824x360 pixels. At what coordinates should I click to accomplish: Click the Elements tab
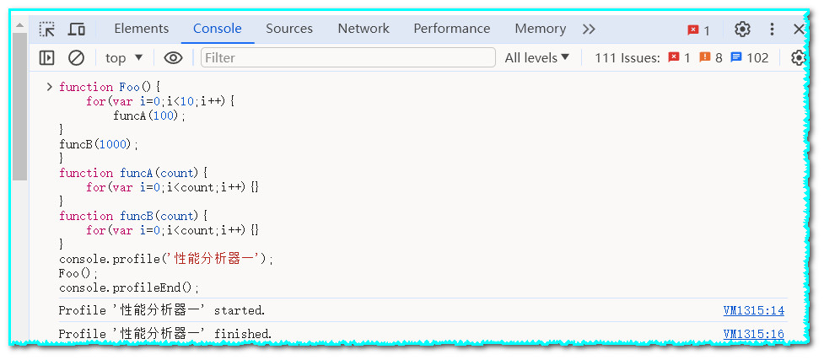click(141, 29)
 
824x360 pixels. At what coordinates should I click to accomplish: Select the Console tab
click(217, 29)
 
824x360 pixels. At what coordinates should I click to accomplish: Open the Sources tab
click(289, 29)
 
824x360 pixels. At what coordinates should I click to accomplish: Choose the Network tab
click(364, 29)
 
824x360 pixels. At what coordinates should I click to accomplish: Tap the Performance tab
click(451, 29)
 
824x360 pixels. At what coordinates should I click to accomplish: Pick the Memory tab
click(540, 29)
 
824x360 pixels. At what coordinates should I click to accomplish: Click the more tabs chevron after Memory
click(589, 29)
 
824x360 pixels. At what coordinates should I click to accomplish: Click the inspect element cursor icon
click(47, 30)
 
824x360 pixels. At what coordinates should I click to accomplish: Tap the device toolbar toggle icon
click(76, 30)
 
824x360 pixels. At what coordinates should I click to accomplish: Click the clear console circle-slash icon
click(76, 57)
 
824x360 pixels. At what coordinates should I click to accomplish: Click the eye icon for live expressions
click(173, 57)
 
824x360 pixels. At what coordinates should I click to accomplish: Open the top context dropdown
click(124, 57)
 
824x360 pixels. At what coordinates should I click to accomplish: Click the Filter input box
click(347, 57)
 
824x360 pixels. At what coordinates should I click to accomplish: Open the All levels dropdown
click(537, 57)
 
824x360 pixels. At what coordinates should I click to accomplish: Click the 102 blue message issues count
click(750, 57)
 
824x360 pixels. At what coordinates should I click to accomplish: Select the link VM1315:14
click(753, 310)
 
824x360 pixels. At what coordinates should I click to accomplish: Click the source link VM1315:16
click(753, 334)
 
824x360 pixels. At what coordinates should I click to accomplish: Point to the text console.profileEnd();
click(129, 287)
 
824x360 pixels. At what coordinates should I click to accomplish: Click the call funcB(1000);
click(98, 144)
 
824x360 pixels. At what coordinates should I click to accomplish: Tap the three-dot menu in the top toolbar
click(772, 30)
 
